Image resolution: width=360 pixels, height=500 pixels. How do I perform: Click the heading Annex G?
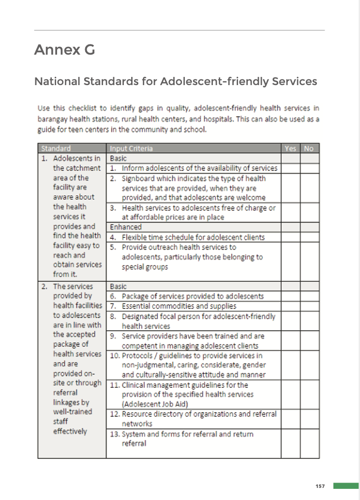[64, 50]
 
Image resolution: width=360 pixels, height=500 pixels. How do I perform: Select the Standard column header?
[56, 148]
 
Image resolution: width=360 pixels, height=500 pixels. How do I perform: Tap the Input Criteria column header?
[131, 148]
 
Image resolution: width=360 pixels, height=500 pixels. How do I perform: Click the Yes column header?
[290, 148]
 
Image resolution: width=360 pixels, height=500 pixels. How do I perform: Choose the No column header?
[309, 148]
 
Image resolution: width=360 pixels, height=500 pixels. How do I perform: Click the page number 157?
[320, 486]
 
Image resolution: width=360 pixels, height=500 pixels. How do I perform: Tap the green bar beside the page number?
[345, 485]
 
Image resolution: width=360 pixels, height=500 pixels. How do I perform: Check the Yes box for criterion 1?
[290, 168]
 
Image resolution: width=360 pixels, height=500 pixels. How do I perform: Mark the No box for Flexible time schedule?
[309, 237]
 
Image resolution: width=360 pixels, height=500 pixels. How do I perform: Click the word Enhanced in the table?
[126, 227]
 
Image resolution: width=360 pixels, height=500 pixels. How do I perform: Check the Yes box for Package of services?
[290, 296]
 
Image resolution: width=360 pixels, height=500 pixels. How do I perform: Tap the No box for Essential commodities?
[309, 306]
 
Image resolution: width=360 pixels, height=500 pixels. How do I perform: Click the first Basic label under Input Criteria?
[118, 159]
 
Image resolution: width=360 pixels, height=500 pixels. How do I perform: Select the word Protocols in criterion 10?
[138, 355]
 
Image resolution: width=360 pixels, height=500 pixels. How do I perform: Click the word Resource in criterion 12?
[136, 414]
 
